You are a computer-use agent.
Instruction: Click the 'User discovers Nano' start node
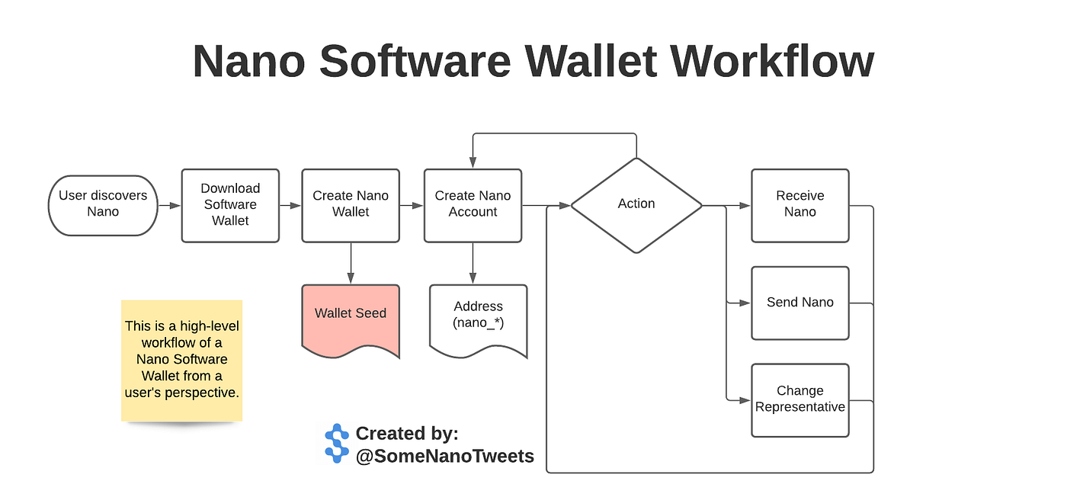tap(103, 204)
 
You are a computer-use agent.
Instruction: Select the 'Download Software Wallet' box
tap(230, 205)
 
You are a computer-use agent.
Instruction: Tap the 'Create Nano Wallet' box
tap(351, 205)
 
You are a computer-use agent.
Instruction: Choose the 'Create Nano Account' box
tap(473, 205)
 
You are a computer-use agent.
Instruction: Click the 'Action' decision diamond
tap(636, 204)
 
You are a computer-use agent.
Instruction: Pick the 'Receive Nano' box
tap(800, 205)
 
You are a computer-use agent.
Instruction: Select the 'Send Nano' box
tap(800, 303)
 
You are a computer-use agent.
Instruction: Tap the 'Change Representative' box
tap(800, 400)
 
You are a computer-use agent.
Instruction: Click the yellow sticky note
tap(181, 360)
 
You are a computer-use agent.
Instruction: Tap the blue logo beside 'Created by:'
tap(336, 444)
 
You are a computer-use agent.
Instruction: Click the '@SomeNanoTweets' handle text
tap(445, 456)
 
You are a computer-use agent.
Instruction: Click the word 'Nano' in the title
tap(249, 62)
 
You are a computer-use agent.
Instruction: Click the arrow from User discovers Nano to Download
tap(169, 205)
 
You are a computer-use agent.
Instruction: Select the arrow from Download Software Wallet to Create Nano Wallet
tap(290, 205)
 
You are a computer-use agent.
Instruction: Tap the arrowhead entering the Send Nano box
tap(746, 303)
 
